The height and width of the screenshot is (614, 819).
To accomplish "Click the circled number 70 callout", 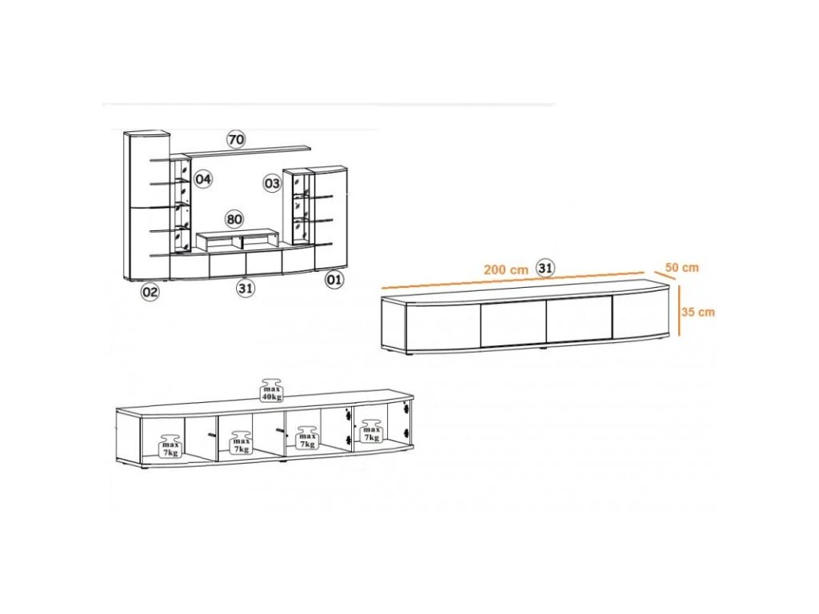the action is pyautogui.click(x=236, y=139).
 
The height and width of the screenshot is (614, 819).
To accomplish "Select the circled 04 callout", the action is pyautogui.click(x=203, y=179).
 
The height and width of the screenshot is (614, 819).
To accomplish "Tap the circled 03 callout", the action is pyautogui.click(x=272, y=183).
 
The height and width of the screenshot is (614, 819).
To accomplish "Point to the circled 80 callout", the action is pyautogui.click(x=234, y=219).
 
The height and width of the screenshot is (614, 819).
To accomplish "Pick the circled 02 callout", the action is pyautogui.click(x=150, y=292).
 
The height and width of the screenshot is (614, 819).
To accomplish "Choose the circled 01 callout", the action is pyautogui.click(x=334, y=279).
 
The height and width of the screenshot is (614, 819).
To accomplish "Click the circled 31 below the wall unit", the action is pyautogui.click(x=245, y=288).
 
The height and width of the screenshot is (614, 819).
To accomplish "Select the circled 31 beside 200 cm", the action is pyautogui.click(x=545, y=269).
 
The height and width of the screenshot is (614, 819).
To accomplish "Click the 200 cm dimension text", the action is pyautogui.click(x=505, y=270).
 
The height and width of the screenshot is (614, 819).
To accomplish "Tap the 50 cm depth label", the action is pyautogui.click(x=681, y=267).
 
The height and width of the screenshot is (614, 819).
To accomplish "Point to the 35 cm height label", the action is pyautogui.click(x=697, y=313).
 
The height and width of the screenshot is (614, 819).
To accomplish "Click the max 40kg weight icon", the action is pyautogui.click(x=272, y=390).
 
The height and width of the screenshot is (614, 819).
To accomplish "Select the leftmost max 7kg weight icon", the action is pyautogui.click(x=170, y=445).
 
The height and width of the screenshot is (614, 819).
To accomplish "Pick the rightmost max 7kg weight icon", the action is pyautogui.click(x=371, y=431).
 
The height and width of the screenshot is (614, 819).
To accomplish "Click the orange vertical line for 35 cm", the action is pyautogui.click(x=678, y=310).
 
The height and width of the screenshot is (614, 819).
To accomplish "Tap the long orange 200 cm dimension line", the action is pyautogui.click(x=513, y=280).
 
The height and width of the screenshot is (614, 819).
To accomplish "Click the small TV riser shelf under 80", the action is pyautogui.click(x=237, y=240).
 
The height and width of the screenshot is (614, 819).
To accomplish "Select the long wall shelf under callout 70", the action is pyautogui.click(x=247, y=151).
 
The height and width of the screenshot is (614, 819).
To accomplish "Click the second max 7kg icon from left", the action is pyautogui.click(x=241, y=443).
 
